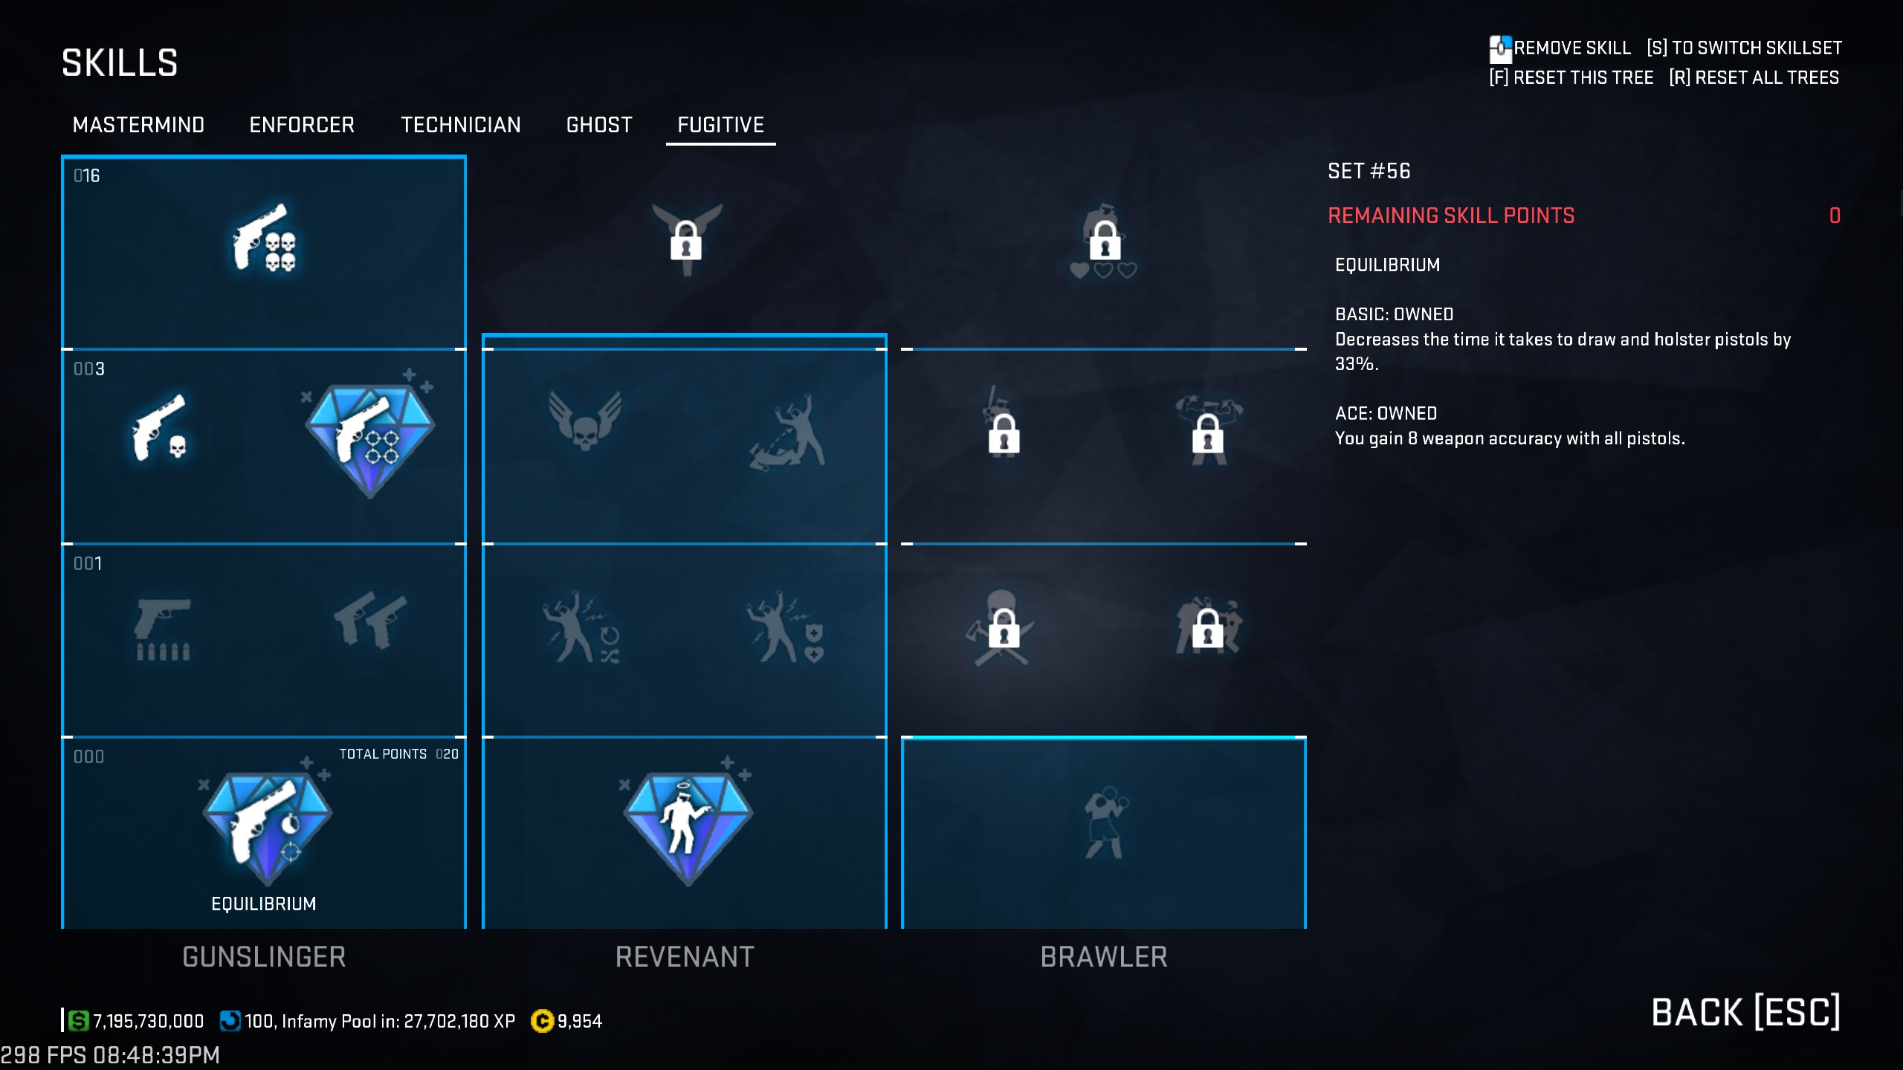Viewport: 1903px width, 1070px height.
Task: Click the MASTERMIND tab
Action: [138, 125]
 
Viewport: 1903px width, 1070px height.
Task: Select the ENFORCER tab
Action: [302, 125]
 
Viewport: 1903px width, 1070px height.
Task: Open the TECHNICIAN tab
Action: [461, 125]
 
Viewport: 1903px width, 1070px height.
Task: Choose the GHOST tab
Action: [599, 125]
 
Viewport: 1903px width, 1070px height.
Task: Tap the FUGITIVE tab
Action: [720, 125]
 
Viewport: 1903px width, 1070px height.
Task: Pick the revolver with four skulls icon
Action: [264, 238]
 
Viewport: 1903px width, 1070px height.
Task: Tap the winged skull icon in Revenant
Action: [585, 421]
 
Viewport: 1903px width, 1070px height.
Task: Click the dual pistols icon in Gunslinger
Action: [369, 620]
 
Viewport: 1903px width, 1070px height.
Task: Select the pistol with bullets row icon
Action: [163, 629]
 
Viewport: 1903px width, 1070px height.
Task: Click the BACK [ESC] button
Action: [1745, 1013]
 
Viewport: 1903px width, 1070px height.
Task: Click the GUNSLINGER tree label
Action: [264, 957]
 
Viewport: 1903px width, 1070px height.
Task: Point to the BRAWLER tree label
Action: [1104, 957]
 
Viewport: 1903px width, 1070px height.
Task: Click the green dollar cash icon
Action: [78, 1021]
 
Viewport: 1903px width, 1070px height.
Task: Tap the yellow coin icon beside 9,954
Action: [542, 1022]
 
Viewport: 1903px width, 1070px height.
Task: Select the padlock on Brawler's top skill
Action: [1105, 239]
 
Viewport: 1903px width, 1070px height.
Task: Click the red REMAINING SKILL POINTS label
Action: [1451, 215]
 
